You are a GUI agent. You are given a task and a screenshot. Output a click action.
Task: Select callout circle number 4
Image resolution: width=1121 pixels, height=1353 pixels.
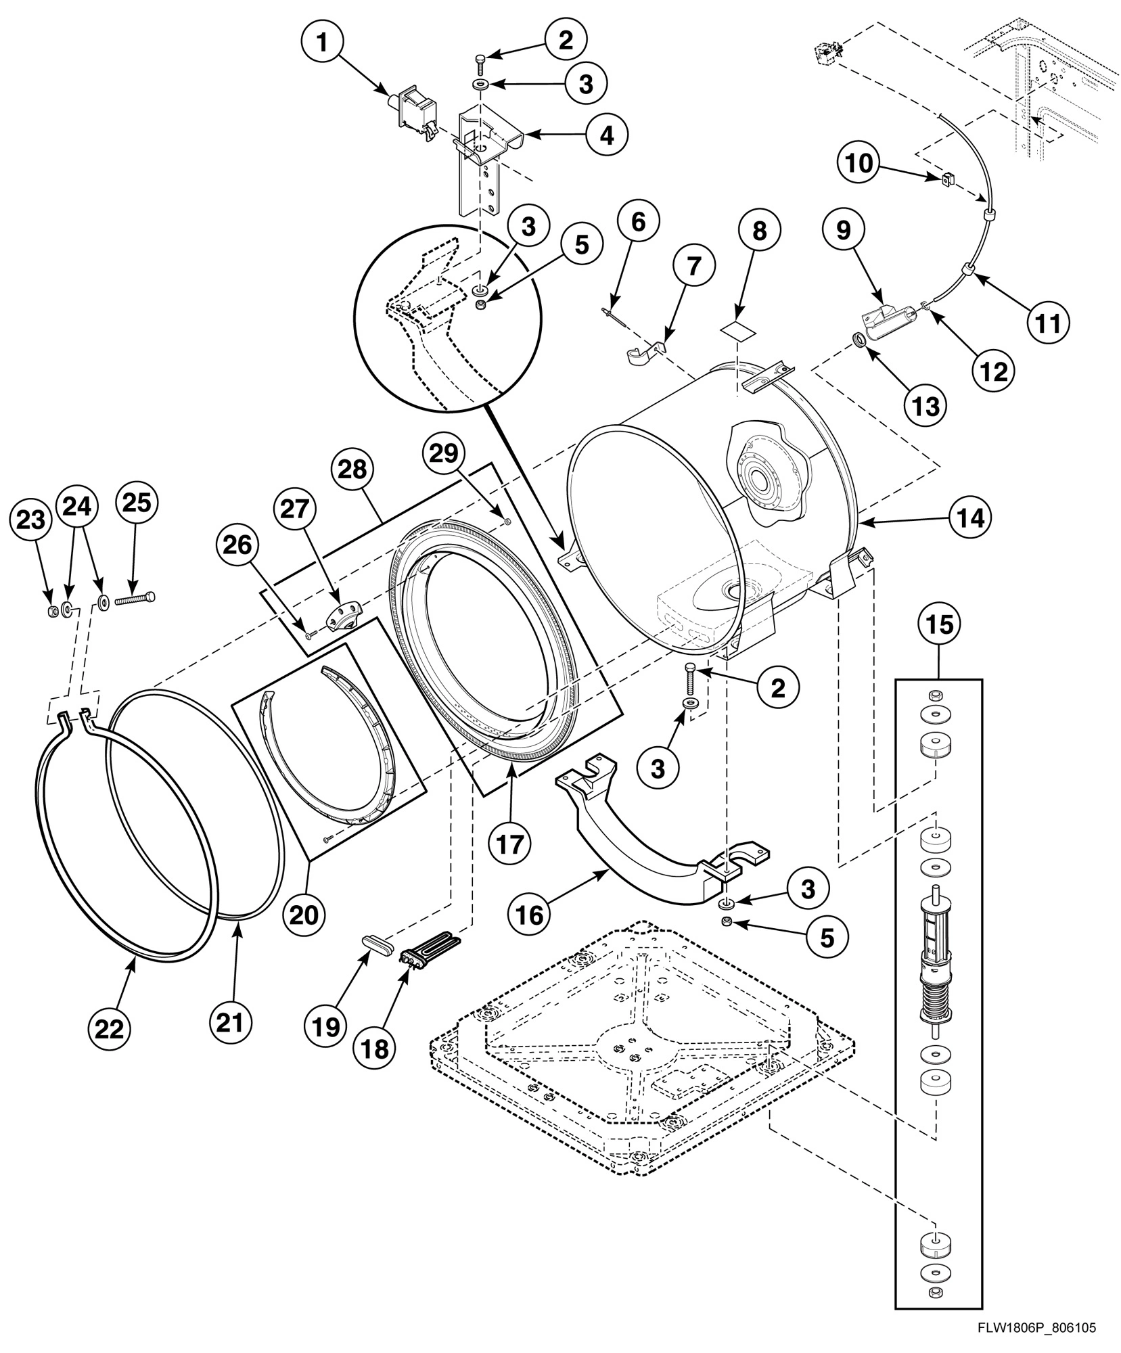(606, 135)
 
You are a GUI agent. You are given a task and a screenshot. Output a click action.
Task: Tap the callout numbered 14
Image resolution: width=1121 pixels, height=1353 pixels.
(969, 518)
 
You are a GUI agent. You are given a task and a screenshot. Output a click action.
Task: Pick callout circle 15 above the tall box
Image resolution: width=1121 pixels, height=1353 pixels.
(940, 625)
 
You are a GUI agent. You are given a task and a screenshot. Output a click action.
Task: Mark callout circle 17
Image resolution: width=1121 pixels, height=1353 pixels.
(510, 845)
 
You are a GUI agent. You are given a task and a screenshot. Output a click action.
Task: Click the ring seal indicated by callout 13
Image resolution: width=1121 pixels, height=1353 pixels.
(857, 341)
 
